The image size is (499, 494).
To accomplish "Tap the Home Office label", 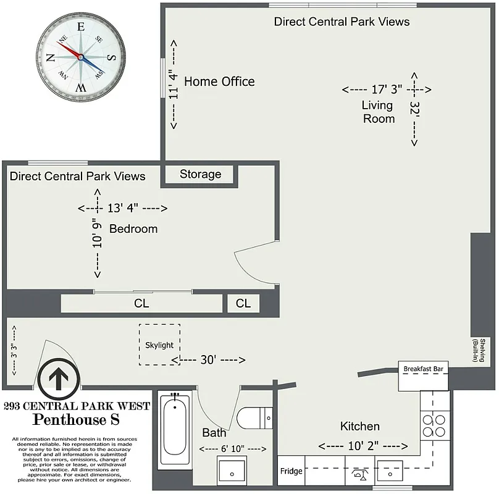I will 219,82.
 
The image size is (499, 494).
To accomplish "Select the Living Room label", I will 378,112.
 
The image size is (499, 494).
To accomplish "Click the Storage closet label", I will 200,175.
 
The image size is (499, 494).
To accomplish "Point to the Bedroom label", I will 133,229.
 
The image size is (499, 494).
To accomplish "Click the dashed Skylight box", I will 159,344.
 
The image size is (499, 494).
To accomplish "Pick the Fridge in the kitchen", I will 291,471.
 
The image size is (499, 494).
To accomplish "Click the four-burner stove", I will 434,425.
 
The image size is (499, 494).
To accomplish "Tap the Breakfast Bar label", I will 423,369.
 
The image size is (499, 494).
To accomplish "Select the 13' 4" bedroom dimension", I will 123,207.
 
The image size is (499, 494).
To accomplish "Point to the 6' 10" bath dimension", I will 232,448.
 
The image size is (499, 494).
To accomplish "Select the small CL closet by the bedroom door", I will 243,304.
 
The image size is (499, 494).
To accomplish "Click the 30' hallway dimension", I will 208,360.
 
